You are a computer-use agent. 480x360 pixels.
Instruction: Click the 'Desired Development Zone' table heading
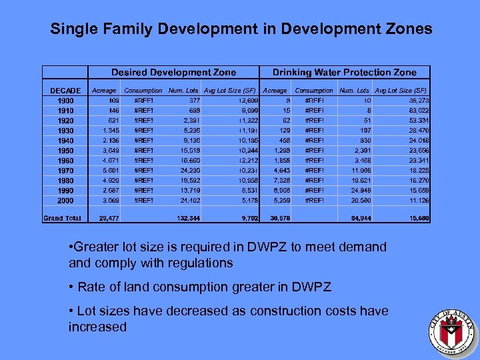click(x=173, y=72)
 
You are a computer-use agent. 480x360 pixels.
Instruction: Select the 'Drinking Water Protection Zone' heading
click(x=344, y=72)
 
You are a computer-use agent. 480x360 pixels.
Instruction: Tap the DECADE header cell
click(x=65, y=91)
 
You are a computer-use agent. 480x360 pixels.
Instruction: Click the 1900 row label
click(x=65, y=100)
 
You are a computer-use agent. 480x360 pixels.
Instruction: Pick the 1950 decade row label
click(x=65, y=151)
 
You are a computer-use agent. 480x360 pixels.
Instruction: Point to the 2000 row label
click(x=65, y=201)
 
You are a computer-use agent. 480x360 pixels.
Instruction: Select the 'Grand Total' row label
click(x=62, y=218)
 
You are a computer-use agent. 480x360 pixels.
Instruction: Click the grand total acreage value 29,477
click(x=109, y=218)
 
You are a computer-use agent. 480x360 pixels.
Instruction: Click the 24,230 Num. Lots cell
click(x=190, y=171)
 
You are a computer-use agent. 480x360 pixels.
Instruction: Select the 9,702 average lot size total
click(x=246, y=218)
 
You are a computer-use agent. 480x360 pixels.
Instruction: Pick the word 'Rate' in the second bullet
click(x=91, y=287)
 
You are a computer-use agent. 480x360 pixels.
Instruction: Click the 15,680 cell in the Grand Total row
click(x=417, y=218)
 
